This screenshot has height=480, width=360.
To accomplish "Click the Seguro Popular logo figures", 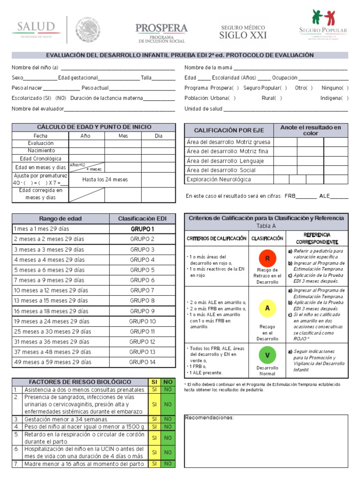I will [323, 19].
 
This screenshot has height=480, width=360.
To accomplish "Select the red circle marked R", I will [268, 258].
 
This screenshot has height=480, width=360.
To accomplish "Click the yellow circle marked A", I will [267, 308].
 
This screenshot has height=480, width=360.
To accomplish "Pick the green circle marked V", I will [267, 355].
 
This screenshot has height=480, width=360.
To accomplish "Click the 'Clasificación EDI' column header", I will [142, 218].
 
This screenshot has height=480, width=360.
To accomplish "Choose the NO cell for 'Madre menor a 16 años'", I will [167, 464].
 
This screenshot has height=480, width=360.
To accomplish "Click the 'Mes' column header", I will [123, 136].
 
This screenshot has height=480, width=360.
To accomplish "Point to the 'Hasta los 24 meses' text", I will [105, 180].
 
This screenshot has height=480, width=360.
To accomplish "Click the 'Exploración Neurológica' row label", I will [218, 180].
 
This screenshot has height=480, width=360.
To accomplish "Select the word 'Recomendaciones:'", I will [209, 418].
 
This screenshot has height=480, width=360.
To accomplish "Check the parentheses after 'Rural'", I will [278, 98].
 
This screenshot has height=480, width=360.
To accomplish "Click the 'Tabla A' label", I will [266, 225].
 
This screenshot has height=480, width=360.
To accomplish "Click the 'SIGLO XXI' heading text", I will [243, 36].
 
